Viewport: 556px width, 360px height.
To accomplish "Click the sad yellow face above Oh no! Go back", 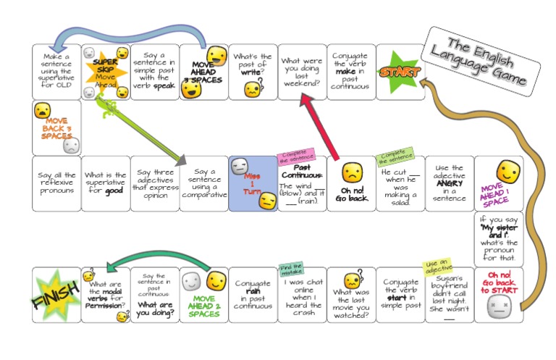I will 352,172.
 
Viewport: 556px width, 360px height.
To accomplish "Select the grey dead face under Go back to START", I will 497,307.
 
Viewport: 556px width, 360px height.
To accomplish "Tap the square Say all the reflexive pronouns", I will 56,184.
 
